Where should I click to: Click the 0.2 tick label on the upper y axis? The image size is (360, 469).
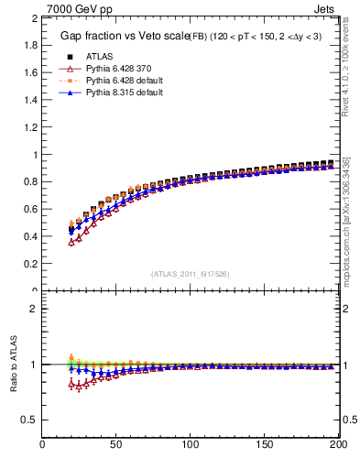point(30,264)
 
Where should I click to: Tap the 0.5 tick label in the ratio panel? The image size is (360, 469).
point(30,420)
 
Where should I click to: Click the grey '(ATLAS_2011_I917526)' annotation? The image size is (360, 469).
point(191,274)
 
